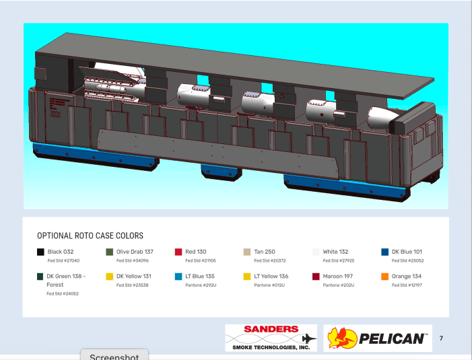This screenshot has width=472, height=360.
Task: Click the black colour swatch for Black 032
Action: (x=40, y=252)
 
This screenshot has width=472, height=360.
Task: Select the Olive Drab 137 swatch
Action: (x=109, y=252)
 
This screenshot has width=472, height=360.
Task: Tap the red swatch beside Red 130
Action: (x=178, y=252)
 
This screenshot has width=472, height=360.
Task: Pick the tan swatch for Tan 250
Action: (x=247, y=252)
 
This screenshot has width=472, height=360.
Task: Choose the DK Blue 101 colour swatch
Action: (x=384, y=252)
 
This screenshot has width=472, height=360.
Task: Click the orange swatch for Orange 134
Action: (x=384, y=277)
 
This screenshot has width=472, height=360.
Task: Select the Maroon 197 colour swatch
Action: (x=316, y=277)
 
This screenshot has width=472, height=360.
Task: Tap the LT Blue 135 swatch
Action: (x=178, y=277)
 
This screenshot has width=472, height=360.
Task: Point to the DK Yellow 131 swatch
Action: (x=109, y=277)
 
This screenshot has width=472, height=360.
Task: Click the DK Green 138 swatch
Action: (x=40, y=277)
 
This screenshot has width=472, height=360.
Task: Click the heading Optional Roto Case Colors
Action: (x=90, y=236)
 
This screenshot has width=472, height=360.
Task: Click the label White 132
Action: (x=335, y=252)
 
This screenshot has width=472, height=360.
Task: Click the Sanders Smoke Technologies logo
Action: (x=271, y=338)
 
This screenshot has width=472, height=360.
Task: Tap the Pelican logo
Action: (x=377, y=338)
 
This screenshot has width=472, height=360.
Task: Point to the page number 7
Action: (x=441, y=338)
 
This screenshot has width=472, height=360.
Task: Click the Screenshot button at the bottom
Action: (x=114, y=356)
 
